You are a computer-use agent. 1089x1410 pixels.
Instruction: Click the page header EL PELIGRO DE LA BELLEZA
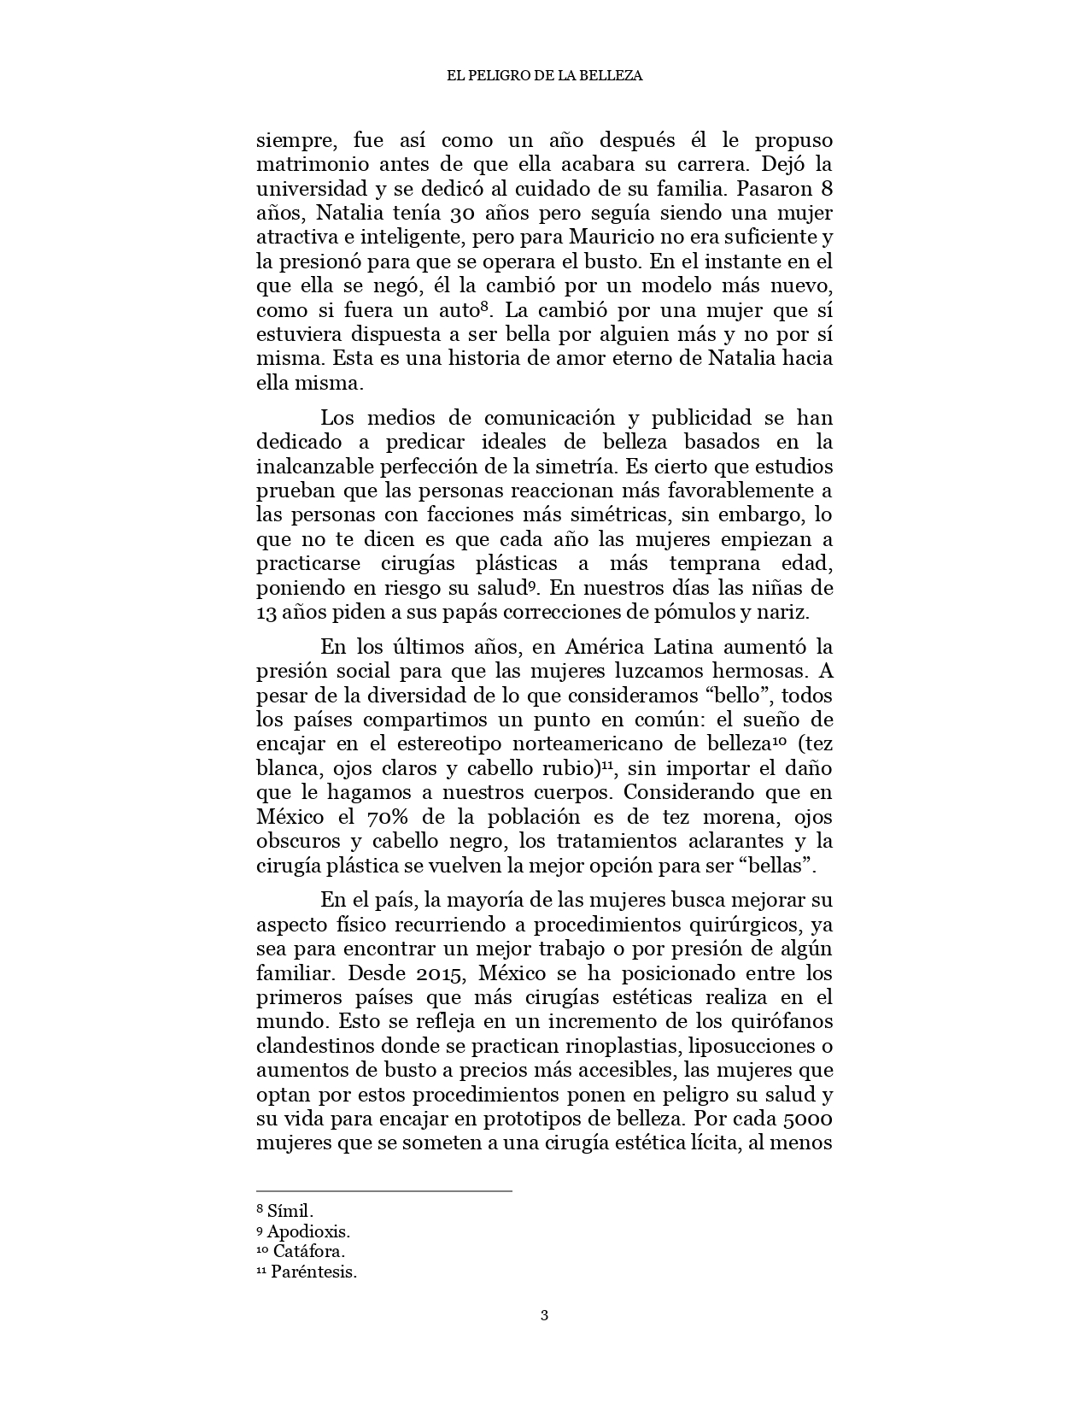544,75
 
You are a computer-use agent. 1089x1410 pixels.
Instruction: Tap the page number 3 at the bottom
544,1314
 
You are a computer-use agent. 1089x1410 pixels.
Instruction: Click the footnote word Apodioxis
308,1231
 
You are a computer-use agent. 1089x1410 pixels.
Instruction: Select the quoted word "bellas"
781,866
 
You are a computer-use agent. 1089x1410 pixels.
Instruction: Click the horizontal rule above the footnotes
384,1190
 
